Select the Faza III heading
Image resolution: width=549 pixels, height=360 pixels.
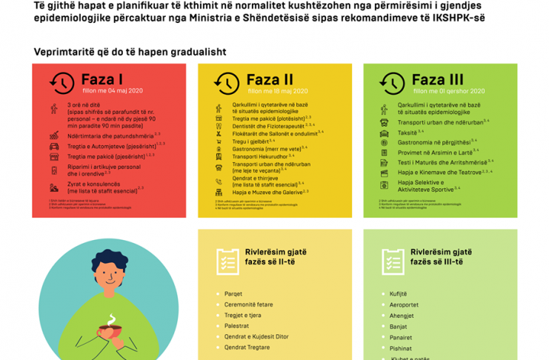coord(437,79)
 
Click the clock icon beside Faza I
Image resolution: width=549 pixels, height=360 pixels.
coord(61,83)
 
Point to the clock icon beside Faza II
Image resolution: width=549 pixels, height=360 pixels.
coord(227,83)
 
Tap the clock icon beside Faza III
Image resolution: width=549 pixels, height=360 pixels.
coord(392,83)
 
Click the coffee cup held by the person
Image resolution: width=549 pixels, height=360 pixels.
coord(111,328)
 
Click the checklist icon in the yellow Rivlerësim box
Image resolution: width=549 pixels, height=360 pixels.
coord(227,261)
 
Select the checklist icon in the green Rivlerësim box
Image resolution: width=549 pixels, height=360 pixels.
coord(392,261)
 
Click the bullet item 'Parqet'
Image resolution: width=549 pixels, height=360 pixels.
coord(233,294)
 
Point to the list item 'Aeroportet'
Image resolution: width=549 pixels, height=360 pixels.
coord(404,304)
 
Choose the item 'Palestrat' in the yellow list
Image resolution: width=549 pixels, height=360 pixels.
coord(237,326)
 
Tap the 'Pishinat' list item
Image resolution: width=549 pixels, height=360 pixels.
coord(401,348)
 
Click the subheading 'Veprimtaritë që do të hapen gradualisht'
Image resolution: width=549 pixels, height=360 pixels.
coord(130,52)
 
